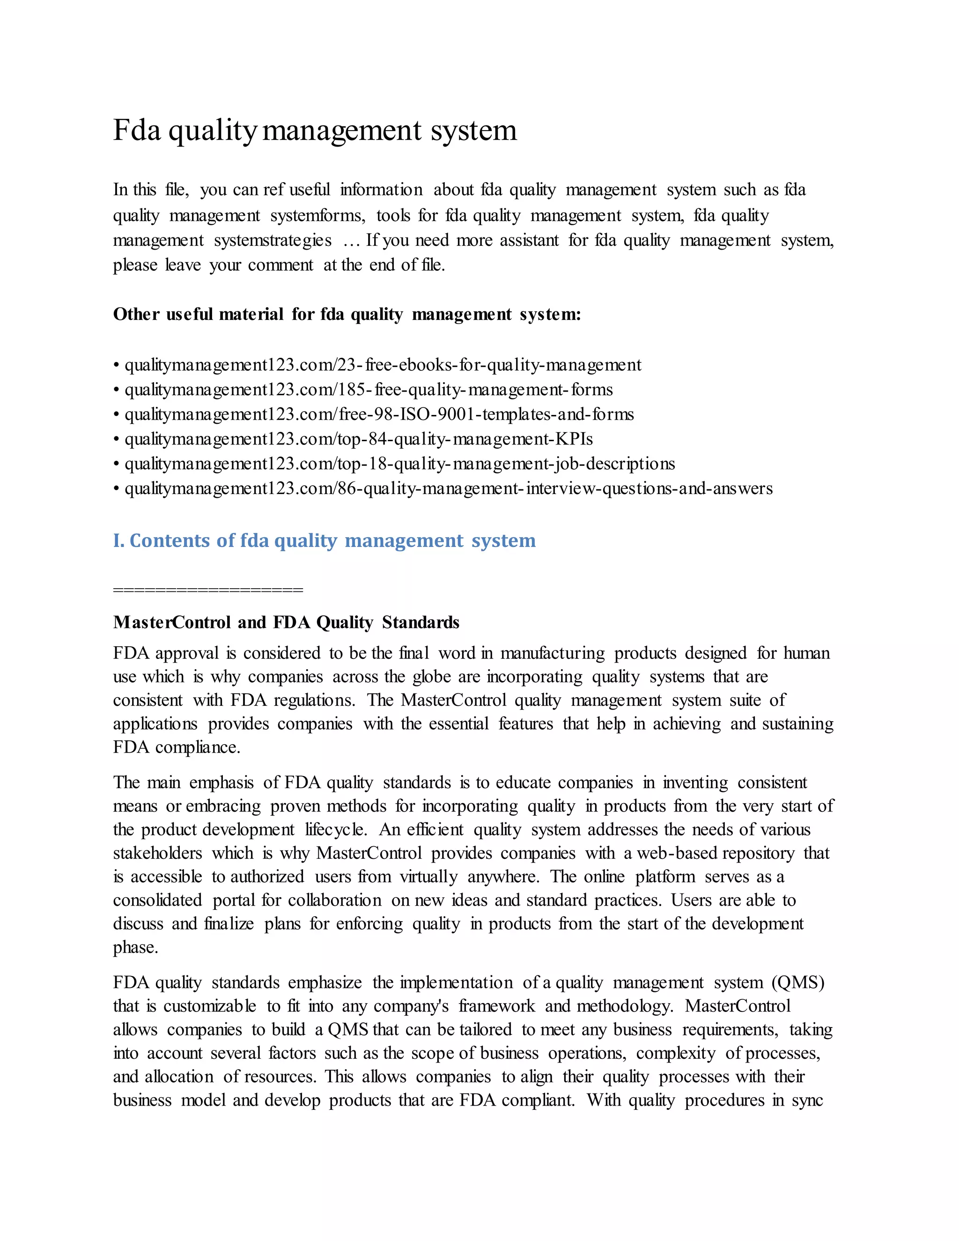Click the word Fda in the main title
click(x=137, y=130)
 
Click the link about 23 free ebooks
click(x=383, y=365)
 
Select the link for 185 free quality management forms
click(x=369, y=390)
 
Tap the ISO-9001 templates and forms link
click(x=379, y=414)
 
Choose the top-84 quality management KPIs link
click(x=359, y=439)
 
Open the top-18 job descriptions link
click(x=399, y=464)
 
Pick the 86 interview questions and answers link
click(x=448, y=488)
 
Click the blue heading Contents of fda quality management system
click(x=325, y=540)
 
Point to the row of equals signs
click(x=208, y=589)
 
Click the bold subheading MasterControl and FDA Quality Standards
click(x=286, y=622)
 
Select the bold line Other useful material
click(x=347, y=314)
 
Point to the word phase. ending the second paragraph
click(x=135, y=947)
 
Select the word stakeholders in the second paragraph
click(x=157, y=853)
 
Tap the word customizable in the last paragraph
click(x=210, y=1006)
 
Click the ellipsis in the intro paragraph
click(x=352, y=241)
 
